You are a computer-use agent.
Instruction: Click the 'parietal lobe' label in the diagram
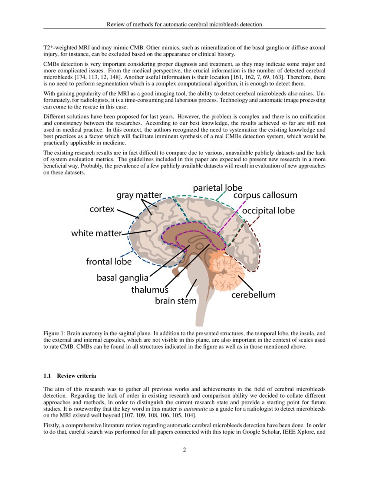(217, 187)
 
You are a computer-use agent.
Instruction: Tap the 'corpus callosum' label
(265, 195)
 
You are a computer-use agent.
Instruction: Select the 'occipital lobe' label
(268, 211)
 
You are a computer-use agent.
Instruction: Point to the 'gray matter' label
(139, 195)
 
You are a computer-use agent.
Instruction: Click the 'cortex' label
(102, 209)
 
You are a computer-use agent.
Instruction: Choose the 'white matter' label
(96, 233)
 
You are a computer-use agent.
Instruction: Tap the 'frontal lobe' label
(109, 261)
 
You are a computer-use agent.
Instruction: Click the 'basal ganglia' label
(122, 278)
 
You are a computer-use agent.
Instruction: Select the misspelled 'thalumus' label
(150, 290)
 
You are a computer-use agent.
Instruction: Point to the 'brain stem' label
(176, 301)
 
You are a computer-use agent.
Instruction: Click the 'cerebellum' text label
(253, 295)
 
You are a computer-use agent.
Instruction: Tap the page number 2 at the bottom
(184, 450)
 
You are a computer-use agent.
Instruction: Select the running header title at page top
(184, 24)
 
